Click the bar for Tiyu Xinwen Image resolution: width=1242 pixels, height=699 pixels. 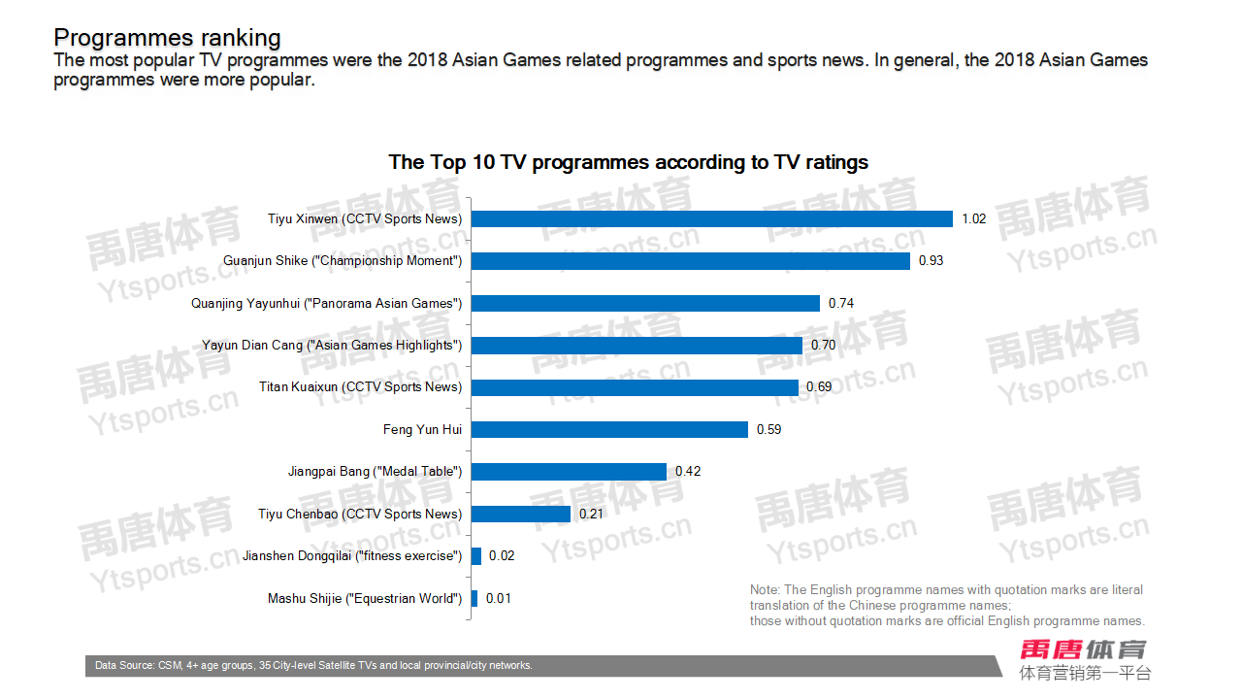(711, 219)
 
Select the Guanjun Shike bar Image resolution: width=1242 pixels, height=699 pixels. (690, 261)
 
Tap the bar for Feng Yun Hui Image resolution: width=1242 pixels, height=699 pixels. (609, 429)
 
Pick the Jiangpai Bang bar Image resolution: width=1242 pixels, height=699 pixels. (569, 472)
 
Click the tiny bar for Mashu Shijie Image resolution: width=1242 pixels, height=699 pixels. (474, 598)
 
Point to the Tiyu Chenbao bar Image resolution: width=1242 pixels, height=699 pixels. (521, 514)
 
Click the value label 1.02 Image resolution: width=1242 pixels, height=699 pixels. (973, 219)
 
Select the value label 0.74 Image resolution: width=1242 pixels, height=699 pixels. (840, 304)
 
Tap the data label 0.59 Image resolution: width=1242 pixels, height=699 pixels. (768, 429)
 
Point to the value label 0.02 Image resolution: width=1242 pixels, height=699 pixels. (502, 556)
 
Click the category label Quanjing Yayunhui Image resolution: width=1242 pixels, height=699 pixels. (326, 304)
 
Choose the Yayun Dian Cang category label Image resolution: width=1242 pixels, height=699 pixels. (332, 346)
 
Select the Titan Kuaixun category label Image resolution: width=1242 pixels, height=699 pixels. (360, 387)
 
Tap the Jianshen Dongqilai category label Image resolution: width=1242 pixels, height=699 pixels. (352, 556)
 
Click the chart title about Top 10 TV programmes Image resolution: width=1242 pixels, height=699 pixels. (628, 162)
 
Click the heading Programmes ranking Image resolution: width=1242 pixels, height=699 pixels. (167, 38)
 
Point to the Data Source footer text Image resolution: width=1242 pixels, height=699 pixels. (313, 666)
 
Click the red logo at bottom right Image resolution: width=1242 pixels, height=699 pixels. (1083, 649)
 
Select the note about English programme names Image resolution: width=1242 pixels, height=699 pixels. (947, 605)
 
